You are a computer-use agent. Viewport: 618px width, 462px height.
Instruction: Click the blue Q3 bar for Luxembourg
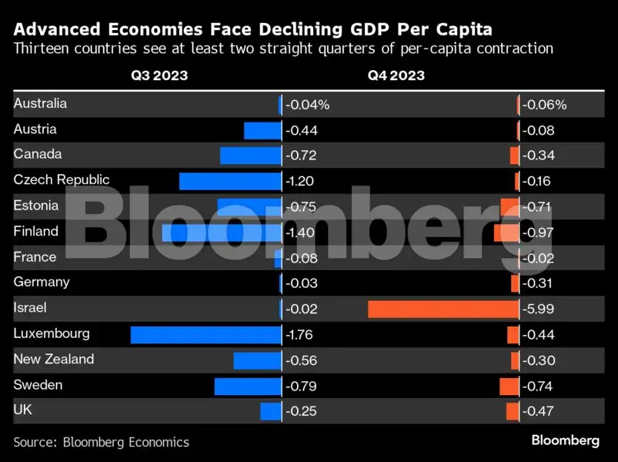click(x=205, y=334)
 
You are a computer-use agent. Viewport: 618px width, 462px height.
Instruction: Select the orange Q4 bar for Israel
click(x=443, y=309)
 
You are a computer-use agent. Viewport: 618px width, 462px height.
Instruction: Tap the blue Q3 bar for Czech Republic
click(x=230, y=181)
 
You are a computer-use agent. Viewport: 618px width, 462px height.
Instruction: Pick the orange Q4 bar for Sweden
click(x=509, y=386)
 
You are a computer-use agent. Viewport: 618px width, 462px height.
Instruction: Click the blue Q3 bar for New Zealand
click(x=257, y=360)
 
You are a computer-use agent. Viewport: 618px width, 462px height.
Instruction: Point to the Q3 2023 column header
click(x=158, y=75)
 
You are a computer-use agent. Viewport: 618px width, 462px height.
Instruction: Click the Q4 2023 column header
click(x=395, y=75)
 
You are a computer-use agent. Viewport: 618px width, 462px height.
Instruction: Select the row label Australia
click(x=40, y=103)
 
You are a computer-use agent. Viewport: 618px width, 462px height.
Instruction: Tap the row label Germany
click(x=42, y=282)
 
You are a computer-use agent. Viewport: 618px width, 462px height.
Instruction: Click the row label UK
click(x=23, y=410)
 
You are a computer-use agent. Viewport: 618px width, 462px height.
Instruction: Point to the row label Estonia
click(x=36, y=206)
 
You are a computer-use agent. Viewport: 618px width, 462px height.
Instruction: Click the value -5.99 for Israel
click(x=538, y=309)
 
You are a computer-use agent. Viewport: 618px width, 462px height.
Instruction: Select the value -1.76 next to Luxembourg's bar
click(x=301, y=335)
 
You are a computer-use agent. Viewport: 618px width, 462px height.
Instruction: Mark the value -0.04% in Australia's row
click(x=307, y=105)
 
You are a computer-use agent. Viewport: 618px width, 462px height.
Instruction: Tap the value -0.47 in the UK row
click(x=538, y=412)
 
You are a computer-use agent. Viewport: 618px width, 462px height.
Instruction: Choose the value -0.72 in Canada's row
click(x=301, y=156)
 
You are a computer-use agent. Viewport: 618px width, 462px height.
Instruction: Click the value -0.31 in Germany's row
click(x=537, y=283)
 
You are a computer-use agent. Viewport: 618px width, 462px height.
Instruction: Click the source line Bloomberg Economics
click(x=101, y=442)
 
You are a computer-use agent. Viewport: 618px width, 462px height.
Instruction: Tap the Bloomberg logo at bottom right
click(x=565, y=440)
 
